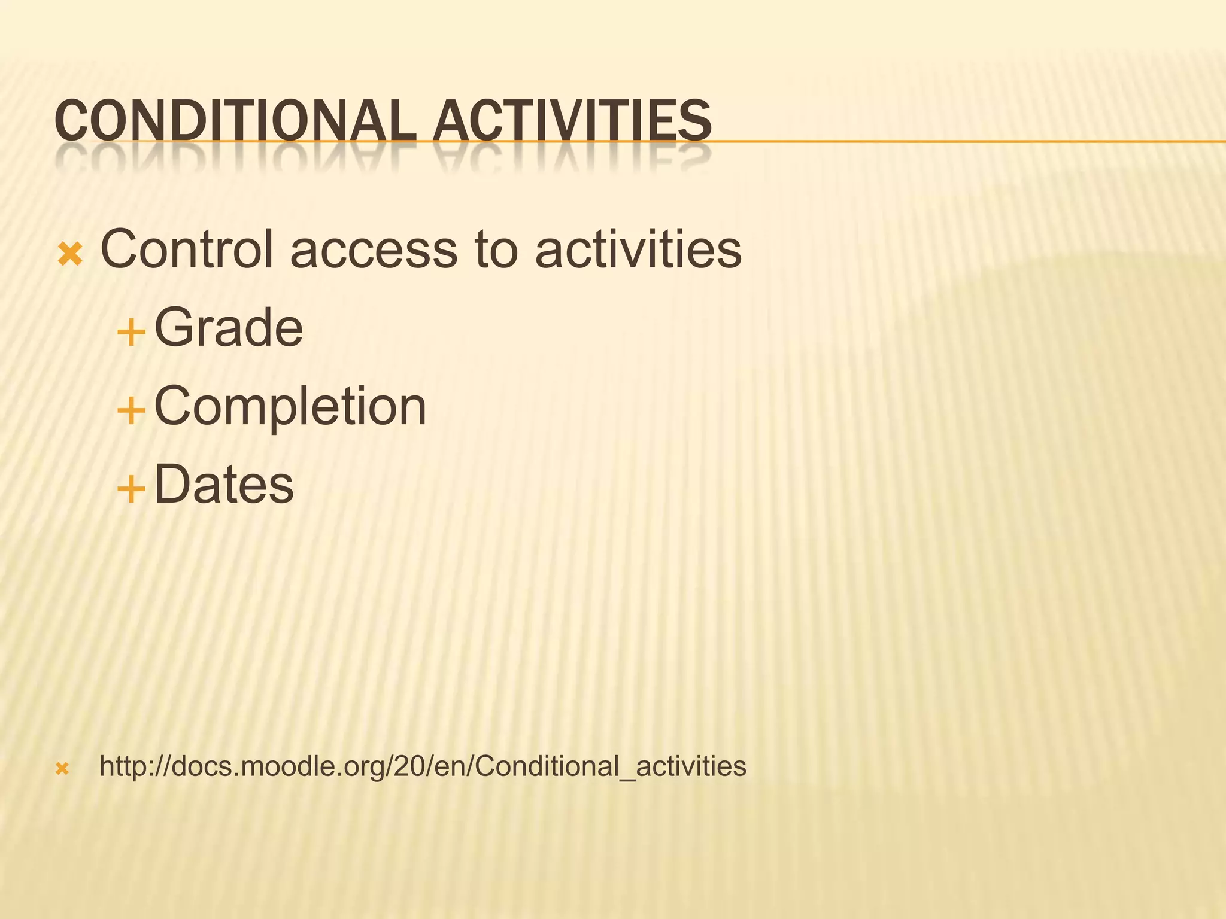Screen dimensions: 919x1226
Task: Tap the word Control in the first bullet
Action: click(x=187, y=249)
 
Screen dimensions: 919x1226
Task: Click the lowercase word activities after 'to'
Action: click(x=638, y=249)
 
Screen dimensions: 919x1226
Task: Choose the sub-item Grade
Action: click(x=229, y=327)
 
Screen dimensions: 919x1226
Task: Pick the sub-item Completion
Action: click(x=290, y=407)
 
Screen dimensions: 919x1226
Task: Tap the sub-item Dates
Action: click(x=224, y=485)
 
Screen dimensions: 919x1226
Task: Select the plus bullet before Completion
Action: click(x=131, y=412)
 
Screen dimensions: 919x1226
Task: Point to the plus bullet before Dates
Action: click(x=131, y=489)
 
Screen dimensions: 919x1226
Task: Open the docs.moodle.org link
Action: click(x=423, y=766)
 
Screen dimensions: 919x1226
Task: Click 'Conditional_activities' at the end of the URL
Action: click(x=611, y=766)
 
